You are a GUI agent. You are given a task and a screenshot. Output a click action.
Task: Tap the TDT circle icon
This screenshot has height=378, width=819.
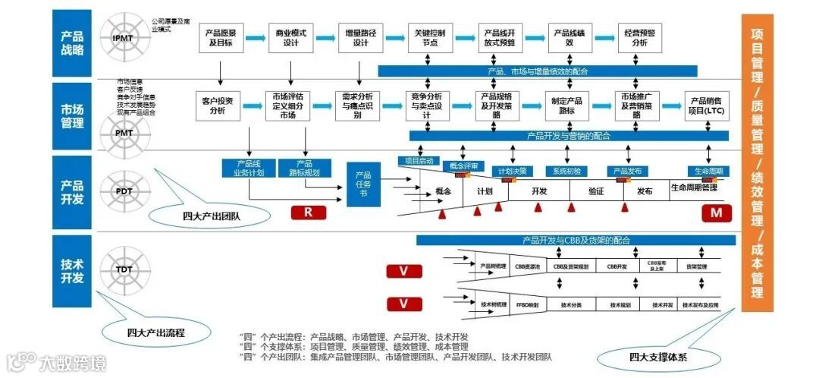pos(123,269)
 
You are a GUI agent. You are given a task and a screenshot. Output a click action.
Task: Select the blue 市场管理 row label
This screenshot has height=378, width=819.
pos(73,115)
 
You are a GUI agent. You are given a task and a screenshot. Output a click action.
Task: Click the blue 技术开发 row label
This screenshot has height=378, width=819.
pos(73,270)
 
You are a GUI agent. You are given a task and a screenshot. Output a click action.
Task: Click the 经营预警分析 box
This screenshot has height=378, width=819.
pos(640,38)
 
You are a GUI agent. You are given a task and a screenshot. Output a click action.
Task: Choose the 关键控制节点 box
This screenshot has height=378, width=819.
pos(431,38)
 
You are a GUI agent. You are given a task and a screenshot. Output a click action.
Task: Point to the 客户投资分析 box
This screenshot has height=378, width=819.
pos(218,106)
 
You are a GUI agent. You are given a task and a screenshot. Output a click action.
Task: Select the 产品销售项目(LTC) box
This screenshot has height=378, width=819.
pos(707,106)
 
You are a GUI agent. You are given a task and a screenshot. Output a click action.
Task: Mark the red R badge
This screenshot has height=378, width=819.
pos(308,213)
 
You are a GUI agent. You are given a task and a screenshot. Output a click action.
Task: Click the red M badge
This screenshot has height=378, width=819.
pos(715,213)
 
